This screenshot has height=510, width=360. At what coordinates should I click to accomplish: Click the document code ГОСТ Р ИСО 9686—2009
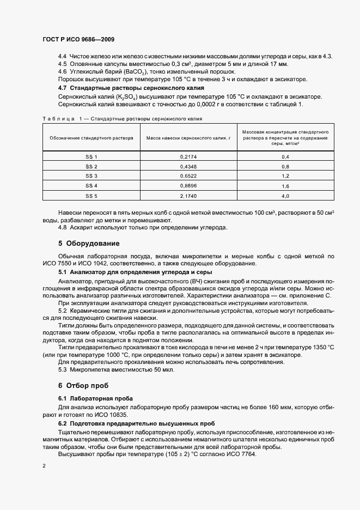(78, 39)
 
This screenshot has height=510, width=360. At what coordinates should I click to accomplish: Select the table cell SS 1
(91, 157)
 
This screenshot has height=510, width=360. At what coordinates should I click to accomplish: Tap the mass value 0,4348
(188, 166)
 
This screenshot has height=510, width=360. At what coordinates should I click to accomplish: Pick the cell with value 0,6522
(188, 175)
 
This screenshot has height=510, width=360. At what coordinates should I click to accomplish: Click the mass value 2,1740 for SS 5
(188, 195)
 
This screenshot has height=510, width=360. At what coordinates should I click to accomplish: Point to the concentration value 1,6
(285, 185)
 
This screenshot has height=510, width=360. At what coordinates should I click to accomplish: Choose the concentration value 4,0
(285, 195)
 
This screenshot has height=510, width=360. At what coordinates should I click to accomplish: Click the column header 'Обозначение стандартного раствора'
(91, 138)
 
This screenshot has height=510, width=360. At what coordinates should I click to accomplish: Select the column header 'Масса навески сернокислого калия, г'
(188, 138)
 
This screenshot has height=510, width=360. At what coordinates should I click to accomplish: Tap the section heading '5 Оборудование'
(89, 243)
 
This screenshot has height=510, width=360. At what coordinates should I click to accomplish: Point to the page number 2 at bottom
(44, 466)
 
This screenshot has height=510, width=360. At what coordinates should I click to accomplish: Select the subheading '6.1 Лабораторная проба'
(95, 398)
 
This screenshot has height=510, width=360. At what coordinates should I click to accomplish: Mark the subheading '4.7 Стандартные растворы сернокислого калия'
(131, 88)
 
